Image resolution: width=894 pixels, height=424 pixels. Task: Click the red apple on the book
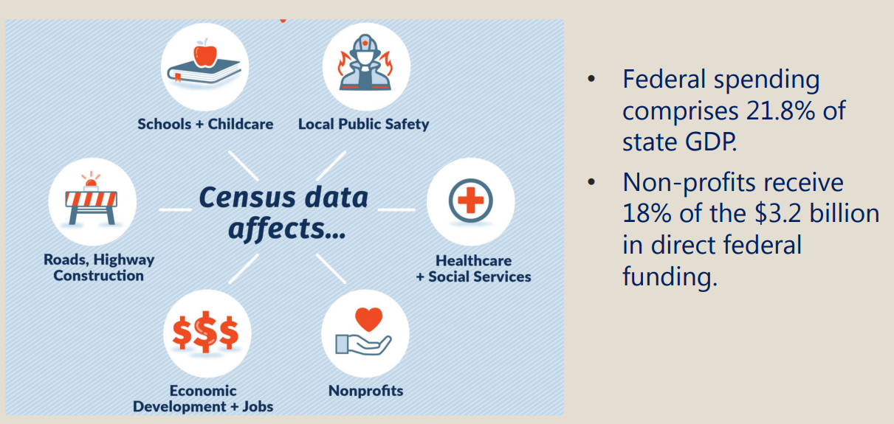click(x=205, y=55)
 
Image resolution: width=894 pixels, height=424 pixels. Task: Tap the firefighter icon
click(x=365, y=63)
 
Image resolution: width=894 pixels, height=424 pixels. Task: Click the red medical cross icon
click(x=470, y=200)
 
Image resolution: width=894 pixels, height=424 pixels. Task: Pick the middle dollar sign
click(x=205, y=332)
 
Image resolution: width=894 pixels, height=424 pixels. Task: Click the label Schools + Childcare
click(x=205, y=125)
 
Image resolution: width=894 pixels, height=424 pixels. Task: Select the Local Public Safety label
click(x=364, y=125)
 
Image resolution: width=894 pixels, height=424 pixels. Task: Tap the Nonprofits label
click(x=365, y=391)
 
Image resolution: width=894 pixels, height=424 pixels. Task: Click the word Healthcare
click(x=474, y=260)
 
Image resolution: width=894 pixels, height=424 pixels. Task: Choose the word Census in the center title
click(x=245, y=198)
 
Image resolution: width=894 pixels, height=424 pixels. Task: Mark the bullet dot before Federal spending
click(x=591, y=78)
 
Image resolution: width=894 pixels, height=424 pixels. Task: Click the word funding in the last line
click(x=670, y=277)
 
